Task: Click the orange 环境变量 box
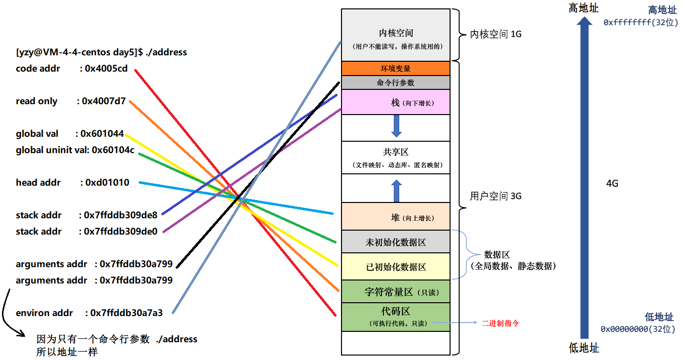point(395,68)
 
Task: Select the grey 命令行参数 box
point(395,82)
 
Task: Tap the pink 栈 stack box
point(395,102)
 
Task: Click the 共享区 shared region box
point(395,158)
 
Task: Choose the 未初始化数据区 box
point(395,242)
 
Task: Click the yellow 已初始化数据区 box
point(395,267)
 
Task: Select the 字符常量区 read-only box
point(395,291)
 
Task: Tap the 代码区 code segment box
point(395,317)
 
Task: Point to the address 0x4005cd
point(106,69)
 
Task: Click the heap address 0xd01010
point(107,183)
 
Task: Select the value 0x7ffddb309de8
point(120,215)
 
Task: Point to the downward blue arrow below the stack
point(396,127)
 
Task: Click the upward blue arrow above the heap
point(396,190)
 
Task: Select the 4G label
point(612,184)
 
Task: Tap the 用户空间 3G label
point(495,196)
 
